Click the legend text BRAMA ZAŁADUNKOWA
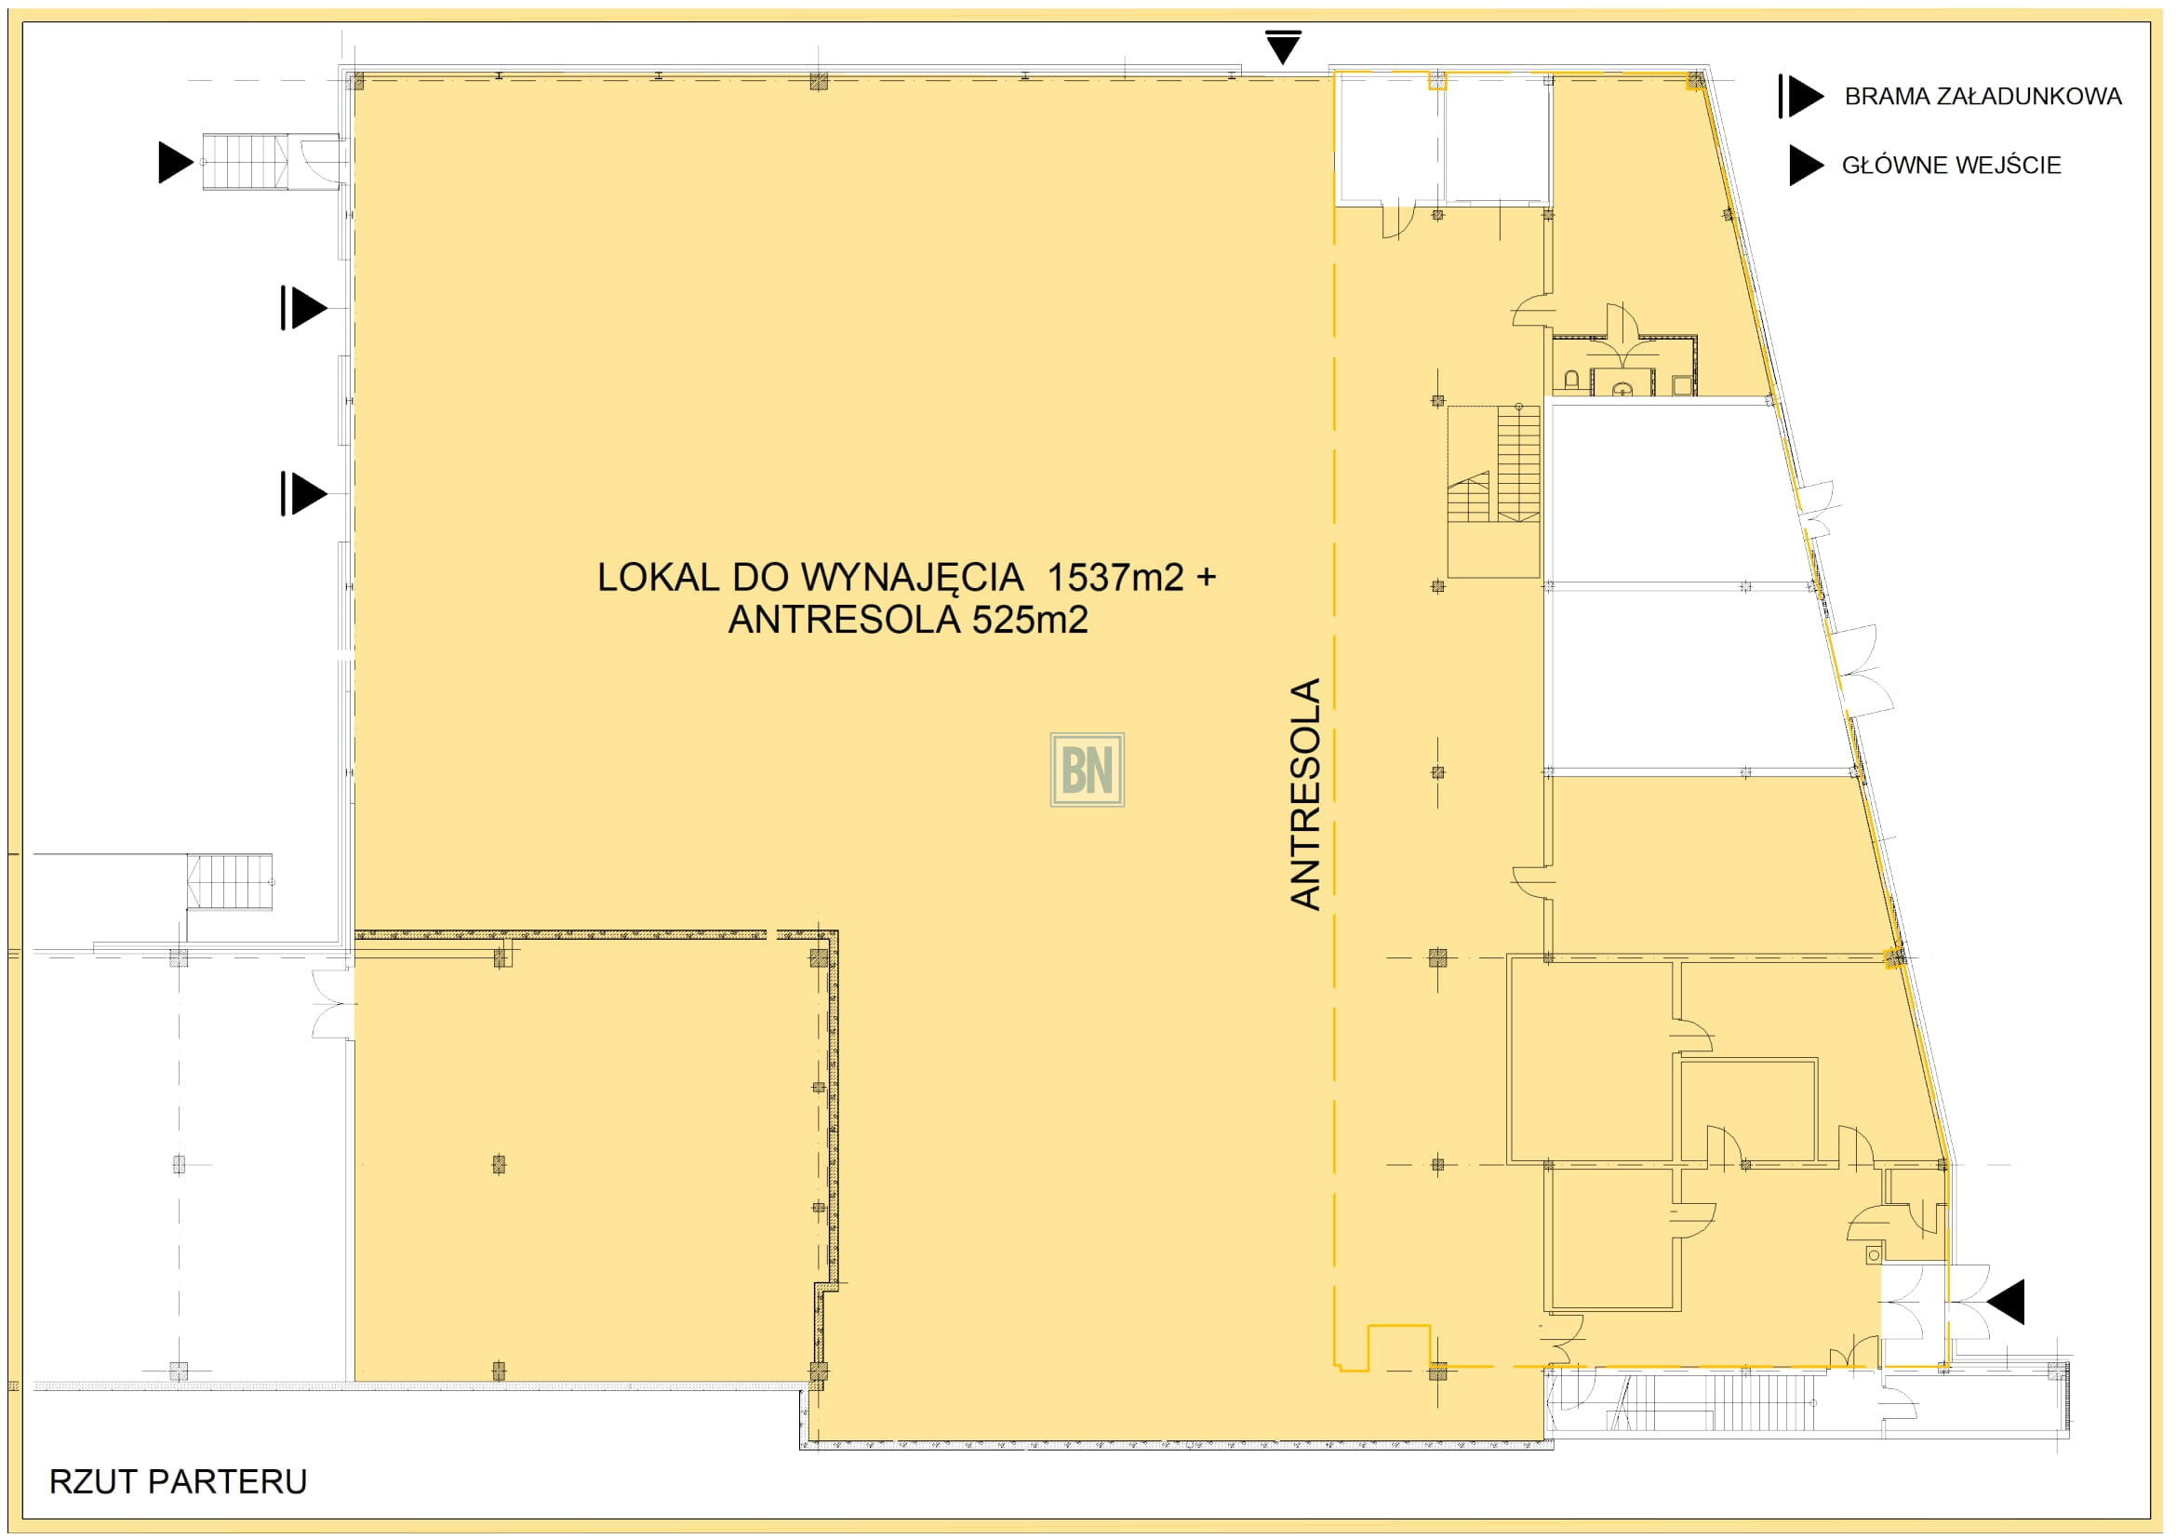(1982, 97)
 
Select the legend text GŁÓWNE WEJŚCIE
(1952, 165)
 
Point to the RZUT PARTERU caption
(179, 1482)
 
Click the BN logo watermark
(1087, 769)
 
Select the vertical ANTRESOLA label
(1306, 794)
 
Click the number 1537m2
(1115, 576)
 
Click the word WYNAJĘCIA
(913, 578)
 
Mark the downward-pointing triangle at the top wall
(1283, 47)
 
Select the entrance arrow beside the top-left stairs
(176, 162)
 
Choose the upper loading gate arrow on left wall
(303, 308)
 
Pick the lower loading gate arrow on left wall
(303, 494)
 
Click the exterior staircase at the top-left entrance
(246, 162)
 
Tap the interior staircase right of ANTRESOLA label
(1494, 491)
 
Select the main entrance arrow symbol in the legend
(1807, 165)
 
